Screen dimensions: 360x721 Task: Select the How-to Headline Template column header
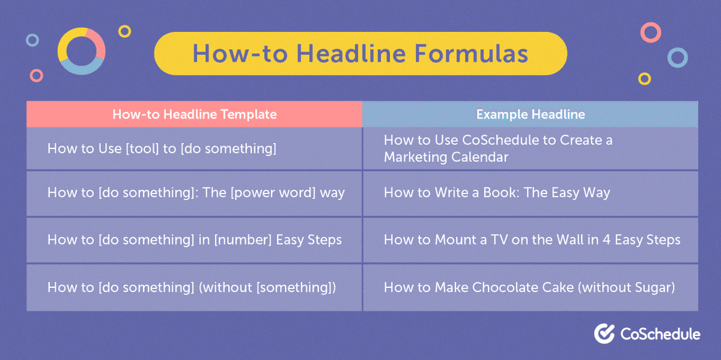(194, 114)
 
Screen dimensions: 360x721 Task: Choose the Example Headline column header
(530, 114)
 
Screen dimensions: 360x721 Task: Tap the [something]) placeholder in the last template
(295, 287)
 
